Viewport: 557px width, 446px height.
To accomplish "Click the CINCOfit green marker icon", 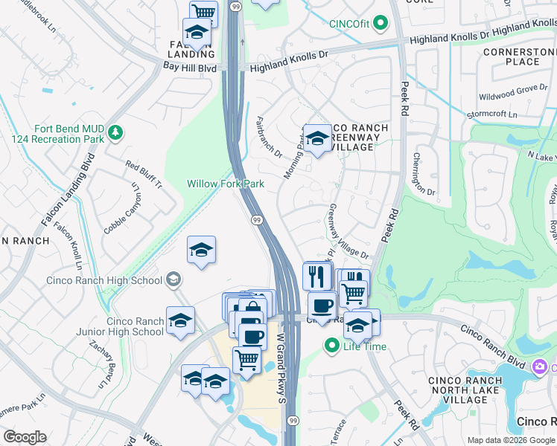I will (x=381, y=23).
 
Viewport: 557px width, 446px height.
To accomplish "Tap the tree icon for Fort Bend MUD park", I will (x=115, y=133).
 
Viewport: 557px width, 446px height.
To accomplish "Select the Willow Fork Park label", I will (x=225, y=184).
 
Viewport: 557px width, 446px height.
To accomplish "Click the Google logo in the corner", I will (x=25, y=437).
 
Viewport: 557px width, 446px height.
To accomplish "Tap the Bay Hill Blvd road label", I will (x=190, y=67).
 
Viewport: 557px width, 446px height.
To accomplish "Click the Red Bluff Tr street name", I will (x=144, y=175).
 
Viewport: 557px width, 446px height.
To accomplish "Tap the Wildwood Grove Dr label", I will (x=512, y=94).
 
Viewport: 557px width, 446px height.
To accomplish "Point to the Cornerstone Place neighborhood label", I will (x=519, y=56).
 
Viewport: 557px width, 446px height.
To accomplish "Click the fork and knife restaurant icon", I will (x=317, y=277).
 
